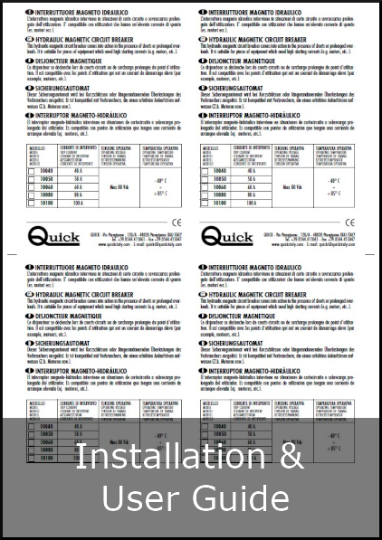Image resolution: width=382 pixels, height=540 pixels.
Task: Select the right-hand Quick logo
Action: [x=226, y=238]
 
